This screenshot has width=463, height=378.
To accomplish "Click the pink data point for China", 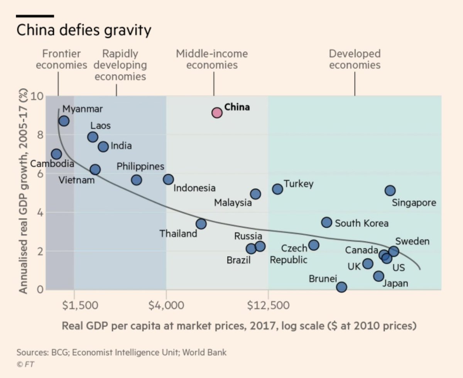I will click(x=217, y=113).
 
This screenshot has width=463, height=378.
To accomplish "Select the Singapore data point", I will click(x=390, y=190).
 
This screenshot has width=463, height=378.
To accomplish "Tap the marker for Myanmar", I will click(x=64, y=121).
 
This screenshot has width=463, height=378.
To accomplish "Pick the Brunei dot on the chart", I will click(x=341, y=287).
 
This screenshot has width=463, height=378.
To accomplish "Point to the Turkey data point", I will click(x=277, y=189).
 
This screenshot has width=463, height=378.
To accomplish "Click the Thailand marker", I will click(x=201, y=224).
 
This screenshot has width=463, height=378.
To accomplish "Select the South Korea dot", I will click(x=326, y=222).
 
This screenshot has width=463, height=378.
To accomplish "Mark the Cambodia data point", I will click(x=56, y=154).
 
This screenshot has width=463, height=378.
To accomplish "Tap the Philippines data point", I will click(x=136, y=180).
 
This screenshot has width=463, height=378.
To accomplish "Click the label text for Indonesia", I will click(x=194, y=188).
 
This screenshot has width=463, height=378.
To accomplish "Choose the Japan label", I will click(x=395, y=284).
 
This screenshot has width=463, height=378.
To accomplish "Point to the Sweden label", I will click(x=412, y=242).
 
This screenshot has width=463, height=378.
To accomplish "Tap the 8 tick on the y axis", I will click(x=39, y=135).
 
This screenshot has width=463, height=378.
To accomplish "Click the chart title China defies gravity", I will click(x=84, y=30).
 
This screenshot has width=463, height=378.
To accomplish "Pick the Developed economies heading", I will click(x=355, y=59).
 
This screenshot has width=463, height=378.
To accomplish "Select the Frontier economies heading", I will click(x=61, y=59).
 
